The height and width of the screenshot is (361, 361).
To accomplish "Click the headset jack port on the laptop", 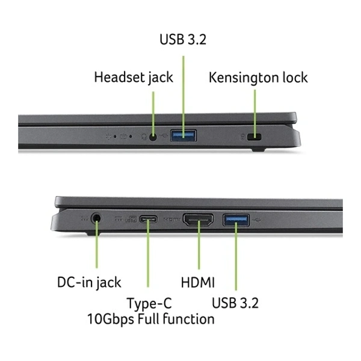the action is pos(153,137).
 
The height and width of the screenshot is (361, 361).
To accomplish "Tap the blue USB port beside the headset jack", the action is pos(184,135).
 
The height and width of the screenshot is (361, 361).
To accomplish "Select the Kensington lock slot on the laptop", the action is pos(254,137).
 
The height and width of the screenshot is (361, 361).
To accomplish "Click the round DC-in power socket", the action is pos(96,218).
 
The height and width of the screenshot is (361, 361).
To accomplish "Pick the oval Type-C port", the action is pos(149,219).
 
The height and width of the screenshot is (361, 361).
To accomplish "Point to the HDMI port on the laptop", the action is pos(198,220).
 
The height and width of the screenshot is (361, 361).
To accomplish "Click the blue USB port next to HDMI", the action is pos(236,220).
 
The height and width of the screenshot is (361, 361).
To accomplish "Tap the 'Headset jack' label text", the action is pos(134,78).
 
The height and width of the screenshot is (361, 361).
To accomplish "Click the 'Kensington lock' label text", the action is pos(258,78).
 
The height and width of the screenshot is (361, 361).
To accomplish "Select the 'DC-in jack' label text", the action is pos(89,282).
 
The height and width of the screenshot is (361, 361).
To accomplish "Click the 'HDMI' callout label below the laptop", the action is pos(198,282).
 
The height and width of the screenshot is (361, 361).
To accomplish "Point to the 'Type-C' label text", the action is pos(149,303).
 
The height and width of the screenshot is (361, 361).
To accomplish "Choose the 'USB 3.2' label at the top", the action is pos(183,39).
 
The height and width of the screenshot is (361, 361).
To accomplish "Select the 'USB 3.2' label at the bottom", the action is pos(235,303).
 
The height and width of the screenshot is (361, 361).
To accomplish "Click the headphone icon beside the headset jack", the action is pos(144,137).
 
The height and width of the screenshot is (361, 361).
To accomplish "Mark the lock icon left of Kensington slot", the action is pos(242,137).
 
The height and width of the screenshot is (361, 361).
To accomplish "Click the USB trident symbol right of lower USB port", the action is pos(256,221).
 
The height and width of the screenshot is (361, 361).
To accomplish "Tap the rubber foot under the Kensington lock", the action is pos(258,150).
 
